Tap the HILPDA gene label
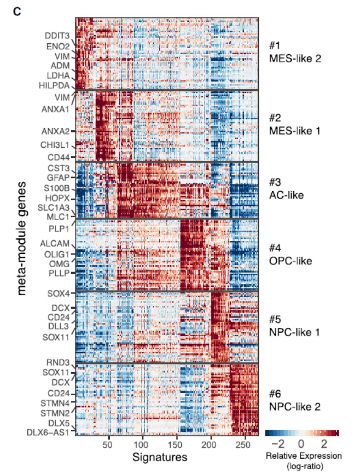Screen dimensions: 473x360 click(54, 85)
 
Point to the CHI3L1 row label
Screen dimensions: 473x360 click(54, 145)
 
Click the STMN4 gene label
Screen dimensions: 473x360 click(56, 403)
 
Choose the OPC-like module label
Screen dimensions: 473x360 click(290, 261)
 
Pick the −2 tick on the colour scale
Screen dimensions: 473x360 click(279, 443)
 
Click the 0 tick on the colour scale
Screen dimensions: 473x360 click(301, 443)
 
